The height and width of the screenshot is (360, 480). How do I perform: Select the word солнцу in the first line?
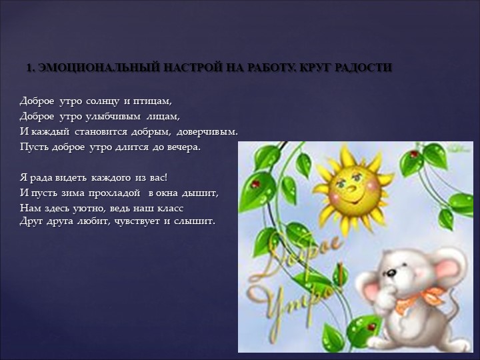pos(102,101)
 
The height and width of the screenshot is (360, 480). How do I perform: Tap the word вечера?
pos(182,145)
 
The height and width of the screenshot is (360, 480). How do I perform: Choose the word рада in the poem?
pos(41,178)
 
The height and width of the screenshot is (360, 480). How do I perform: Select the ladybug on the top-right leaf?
pos(415,154)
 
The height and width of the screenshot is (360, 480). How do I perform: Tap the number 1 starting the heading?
pos(29,68)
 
